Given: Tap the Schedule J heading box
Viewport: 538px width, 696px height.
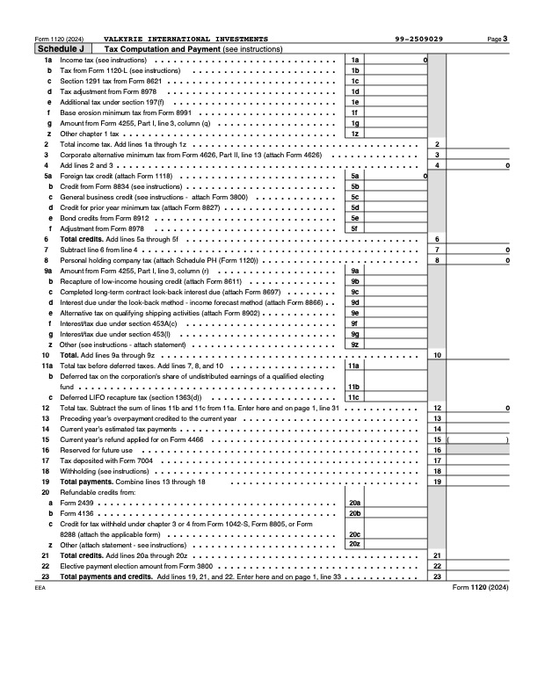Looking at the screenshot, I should [x=60, y=49].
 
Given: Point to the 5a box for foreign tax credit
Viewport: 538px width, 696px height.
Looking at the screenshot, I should [x=355, y=176].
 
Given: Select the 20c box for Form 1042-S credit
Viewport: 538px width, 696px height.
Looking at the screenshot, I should [x=355, y=534].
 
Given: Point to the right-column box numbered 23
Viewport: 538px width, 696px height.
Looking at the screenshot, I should [x=437, y=576].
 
